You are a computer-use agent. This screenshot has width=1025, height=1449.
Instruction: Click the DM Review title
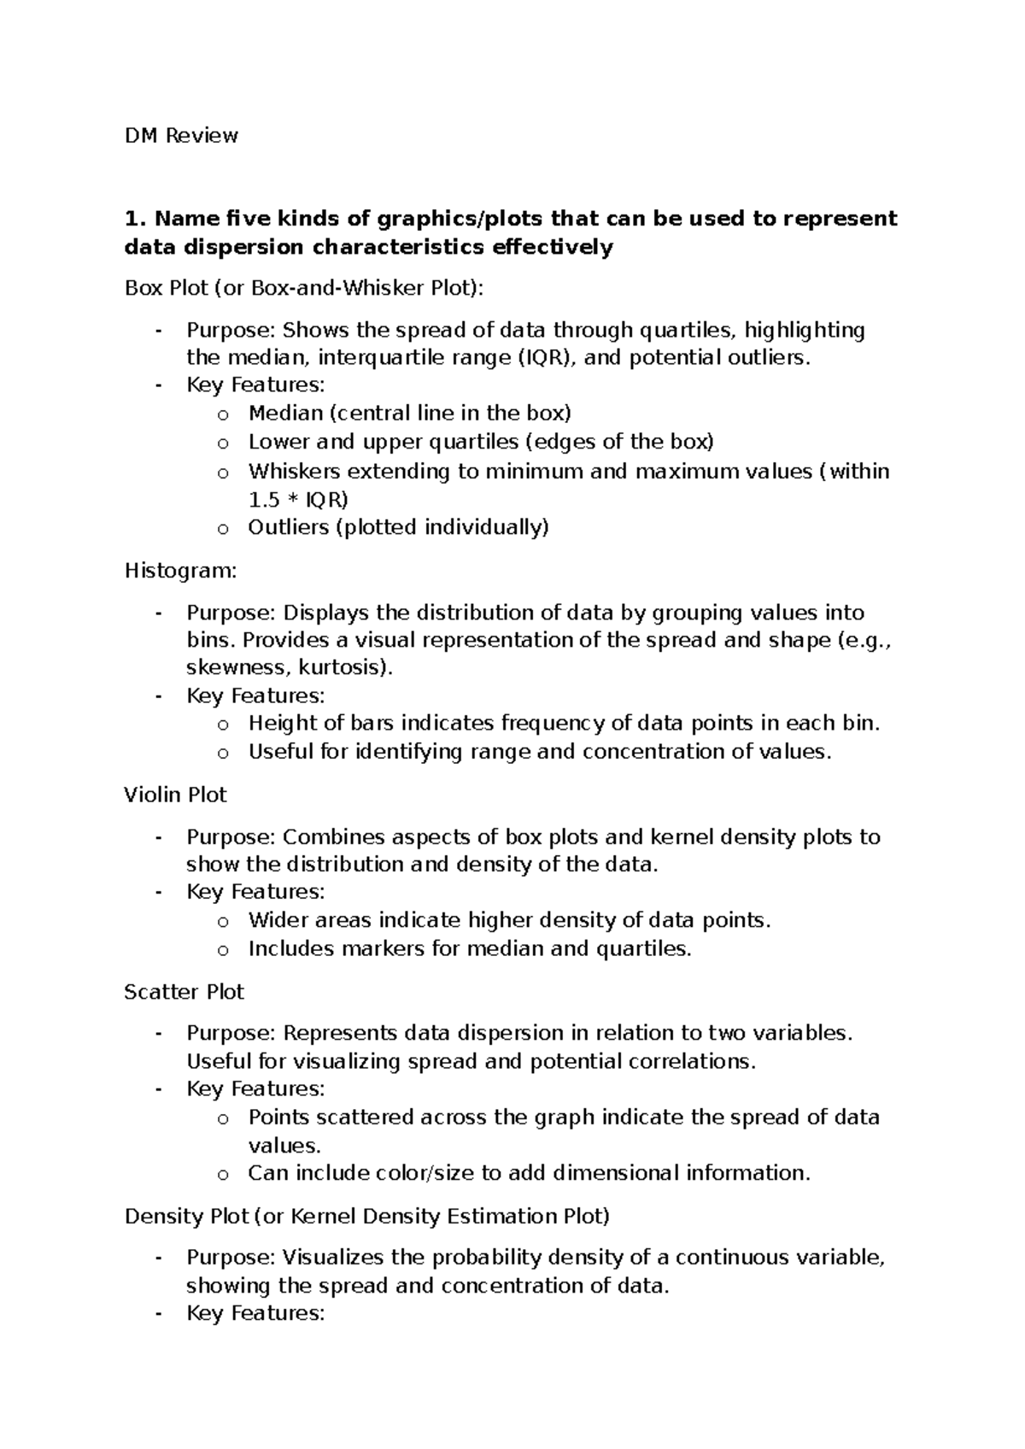[x=181, y=136]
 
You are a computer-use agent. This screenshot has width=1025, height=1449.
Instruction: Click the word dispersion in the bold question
[x=228, y=248]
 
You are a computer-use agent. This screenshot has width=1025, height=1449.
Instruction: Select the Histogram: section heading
[x=180, y=571]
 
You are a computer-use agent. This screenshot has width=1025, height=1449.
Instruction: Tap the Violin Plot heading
[x=175, y=795]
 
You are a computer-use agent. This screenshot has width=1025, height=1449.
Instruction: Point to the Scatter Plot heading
[x=184, y=992]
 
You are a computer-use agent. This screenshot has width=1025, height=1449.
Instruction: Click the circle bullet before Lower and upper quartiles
[x=223, y=443]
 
